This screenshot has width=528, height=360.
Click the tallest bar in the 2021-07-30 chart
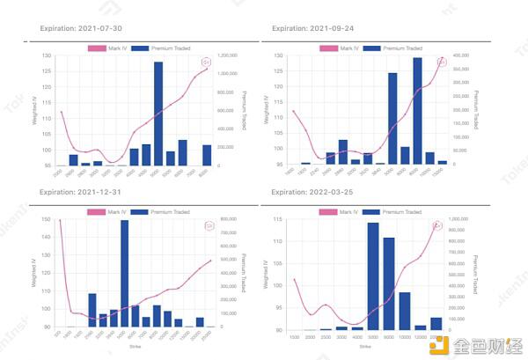[x=158, y=114]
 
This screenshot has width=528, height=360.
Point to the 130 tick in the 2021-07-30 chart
[x=47, y=55]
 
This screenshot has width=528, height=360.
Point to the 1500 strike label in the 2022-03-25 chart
[x=294, y=336]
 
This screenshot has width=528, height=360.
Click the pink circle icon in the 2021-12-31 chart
[x=209, y=226]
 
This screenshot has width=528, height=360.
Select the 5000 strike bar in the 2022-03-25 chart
[x=372, y=276]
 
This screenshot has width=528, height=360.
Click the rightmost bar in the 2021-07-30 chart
[x=207, y=155]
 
